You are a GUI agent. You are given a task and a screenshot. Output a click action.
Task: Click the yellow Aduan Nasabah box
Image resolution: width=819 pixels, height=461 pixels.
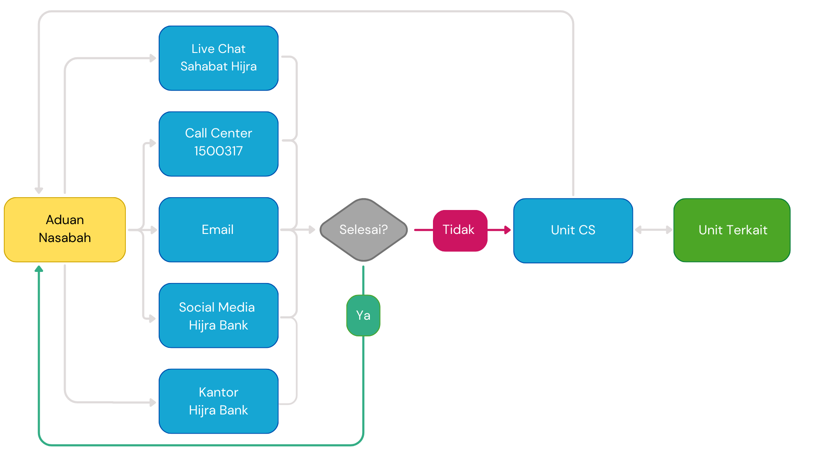[65, 229]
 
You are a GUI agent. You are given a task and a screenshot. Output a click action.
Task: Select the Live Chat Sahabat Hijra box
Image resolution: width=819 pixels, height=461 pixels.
[218, 58]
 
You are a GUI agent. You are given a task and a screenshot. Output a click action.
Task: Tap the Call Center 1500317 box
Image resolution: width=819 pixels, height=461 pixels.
[218, 144]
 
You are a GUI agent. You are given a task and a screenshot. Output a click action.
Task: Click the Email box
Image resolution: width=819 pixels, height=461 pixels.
[218, 230]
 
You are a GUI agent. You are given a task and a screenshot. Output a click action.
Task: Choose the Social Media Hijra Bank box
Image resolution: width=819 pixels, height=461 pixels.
[218, 315]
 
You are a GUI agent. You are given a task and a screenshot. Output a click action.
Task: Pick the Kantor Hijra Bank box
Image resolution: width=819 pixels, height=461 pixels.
[218, 401]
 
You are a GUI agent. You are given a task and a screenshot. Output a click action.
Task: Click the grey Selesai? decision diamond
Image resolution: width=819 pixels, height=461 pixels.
[363, 230]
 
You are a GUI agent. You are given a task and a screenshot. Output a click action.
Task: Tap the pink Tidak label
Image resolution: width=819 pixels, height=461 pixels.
[459, 230]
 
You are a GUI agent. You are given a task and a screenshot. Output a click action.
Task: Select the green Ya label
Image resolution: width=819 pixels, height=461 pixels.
[363, 315]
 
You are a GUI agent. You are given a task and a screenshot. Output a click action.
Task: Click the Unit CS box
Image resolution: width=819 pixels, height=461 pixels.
[573, 230]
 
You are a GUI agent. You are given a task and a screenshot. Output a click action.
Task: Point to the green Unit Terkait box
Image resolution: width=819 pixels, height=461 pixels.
[732, 230]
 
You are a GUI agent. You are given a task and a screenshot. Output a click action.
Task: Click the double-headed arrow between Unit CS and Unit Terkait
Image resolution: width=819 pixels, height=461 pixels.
[653, 230]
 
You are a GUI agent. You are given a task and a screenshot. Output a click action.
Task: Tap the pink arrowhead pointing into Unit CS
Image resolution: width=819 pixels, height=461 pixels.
[507, 230]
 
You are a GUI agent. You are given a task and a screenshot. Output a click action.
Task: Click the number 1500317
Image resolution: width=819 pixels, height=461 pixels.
[218, 151]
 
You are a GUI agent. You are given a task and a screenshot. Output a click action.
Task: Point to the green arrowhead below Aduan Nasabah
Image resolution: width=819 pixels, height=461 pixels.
[39, 269]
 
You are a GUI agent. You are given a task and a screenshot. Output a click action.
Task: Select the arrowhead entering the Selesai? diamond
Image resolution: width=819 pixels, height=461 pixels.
[312, 230]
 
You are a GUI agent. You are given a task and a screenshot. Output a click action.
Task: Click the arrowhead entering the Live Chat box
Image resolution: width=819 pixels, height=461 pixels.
[153, 58]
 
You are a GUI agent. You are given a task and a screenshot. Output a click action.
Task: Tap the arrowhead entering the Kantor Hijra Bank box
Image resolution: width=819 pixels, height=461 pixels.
[153, 402]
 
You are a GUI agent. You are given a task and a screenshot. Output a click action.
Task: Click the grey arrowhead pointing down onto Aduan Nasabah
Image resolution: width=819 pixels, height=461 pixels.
[39, 190]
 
